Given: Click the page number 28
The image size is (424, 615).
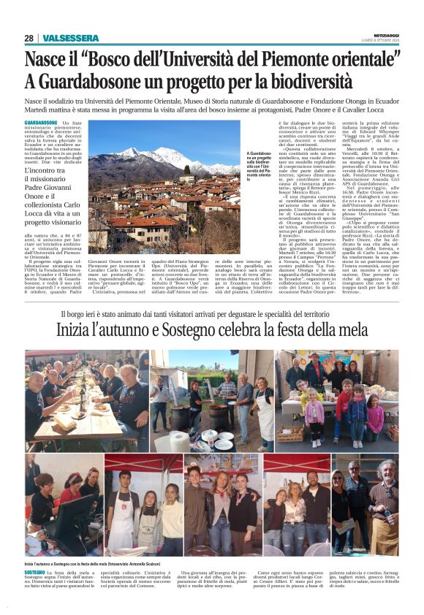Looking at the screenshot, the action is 29,38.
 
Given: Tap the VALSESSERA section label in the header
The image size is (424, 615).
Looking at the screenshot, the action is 71,38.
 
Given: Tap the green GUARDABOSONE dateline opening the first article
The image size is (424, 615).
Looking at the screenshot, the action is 41,122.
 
